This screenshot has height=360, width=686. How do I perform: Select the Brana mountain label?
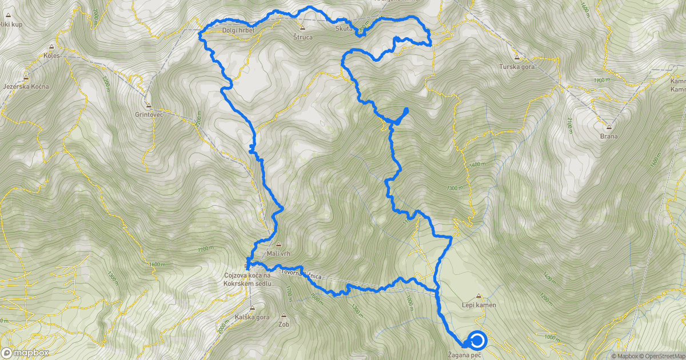(x=608, y=137)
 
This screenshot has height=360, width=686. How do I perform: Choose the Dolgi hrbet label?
(x=238, y=29)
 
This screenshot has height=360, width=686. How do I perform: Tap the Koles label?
(x=51, y=55)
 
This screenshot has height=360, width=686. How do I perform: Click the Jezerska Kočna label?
(x=26, y=86)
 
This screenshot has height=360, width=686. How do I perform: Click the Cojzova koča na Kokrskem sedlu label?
(x=247, y=280)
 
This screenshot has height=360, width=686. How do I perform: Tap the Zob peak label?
(x=285, y=324)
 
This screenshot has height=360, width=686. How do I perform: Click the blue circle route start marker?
(x=477, y=341)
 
